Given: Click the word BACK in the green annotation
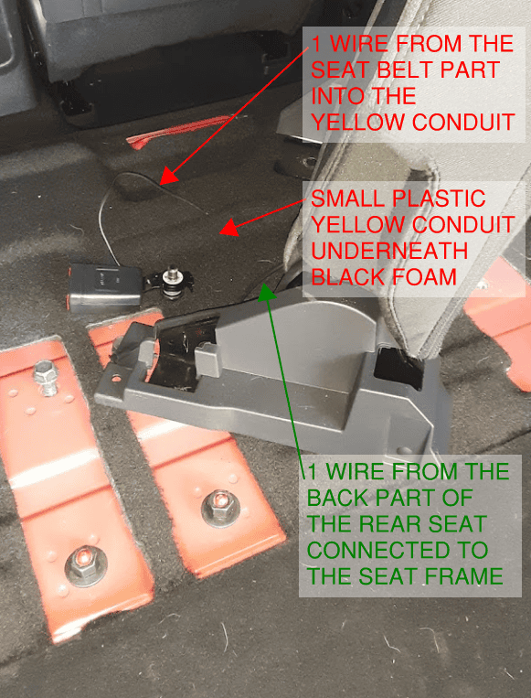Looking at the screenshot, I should (344, 499).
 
